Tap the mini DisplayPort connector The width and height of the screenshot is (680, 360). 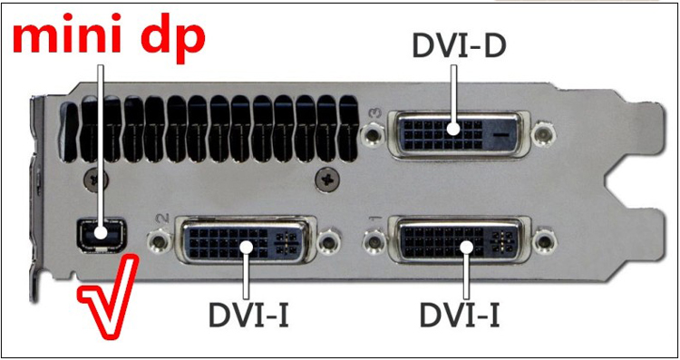pos(101,236)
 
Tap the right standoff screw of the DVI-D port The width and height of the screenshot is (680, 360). pos(543,137)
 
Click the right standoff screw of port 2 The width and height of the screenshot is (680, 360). pos(335,241)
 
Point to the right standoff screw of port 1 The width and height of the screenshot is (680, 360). pos(543,241)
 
